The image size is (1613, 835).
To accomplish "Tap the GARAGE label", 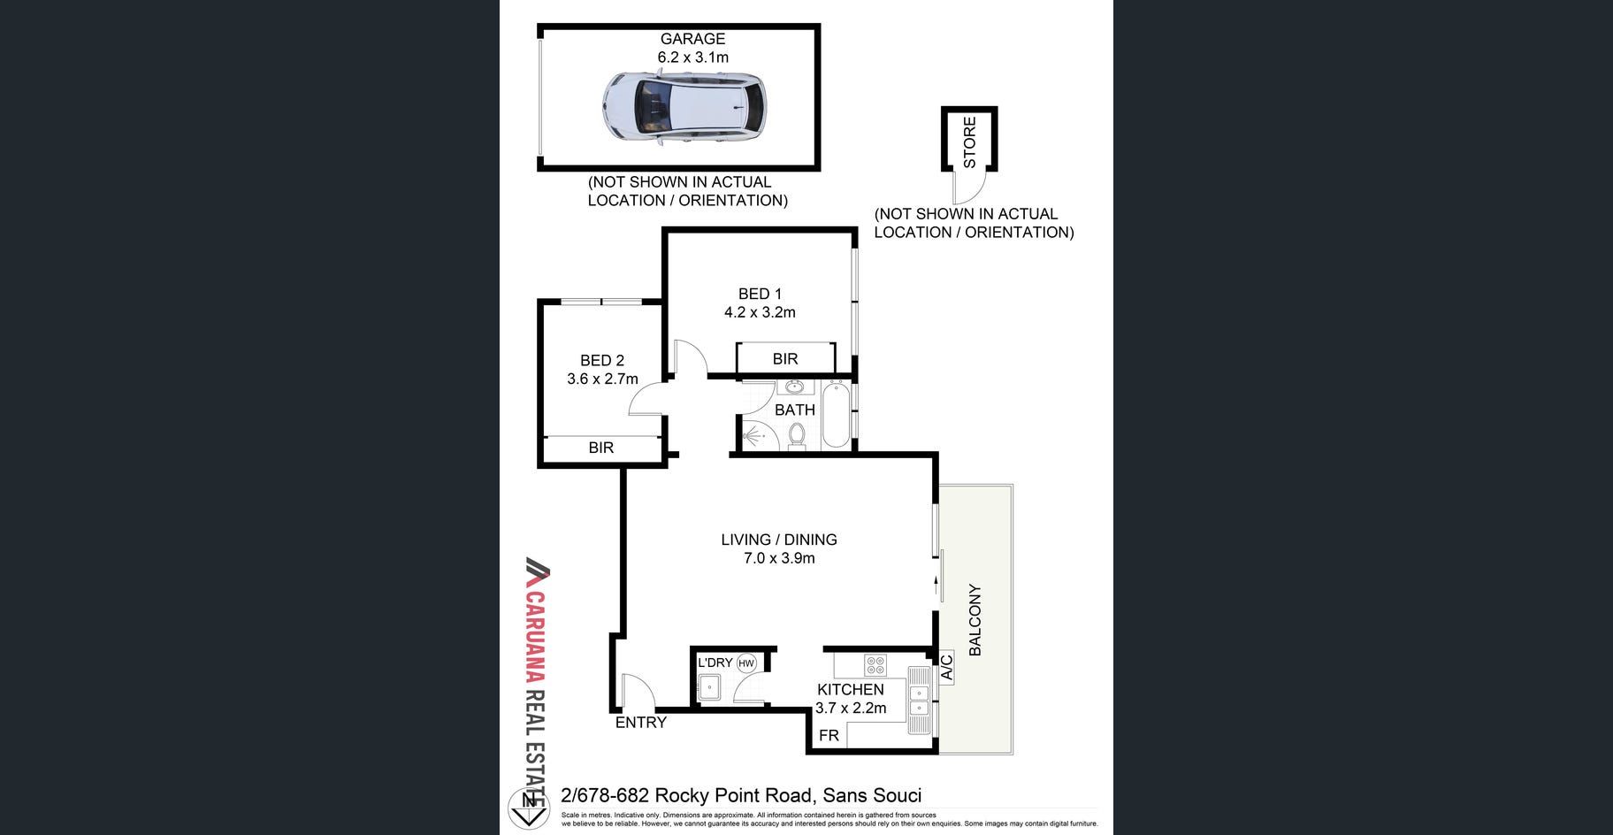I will pyautogui.click(x=692, y=39).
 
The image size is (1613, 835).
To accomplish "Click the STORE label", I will pyautogui.click(x=969, y=142).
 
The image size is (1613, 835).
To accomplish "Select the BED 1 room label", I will pyautogui.click(x=760, y=294).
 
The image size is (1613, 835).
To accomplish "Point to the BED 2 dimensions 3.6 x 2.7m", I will pyautogui.click(x=602, y=379).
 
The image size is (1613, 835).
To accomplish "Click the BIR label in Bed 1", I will pyautogui.click(x=784, y=358).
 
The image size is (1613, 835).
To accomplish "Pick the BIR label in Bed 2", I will pyautogui.click(x=601, y=448).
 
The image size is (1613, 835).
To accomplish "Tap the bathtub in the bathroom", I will pyautogui.click(x=836, y=416).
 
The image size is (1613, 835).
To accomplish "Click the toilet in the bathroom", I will pyautogui.click(x=797, y=435).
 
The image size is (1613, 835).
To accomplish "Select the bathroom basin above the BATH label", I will pyautogui.click(x=793, y=387).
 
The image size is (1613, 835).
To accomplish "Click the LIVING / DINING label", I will pyautogui.click(x=778, y=540).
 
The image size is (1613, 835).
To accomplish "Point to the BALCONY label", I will pyautogui.click(x=975, y=619).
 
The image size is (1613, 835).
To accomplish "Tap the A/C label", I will pyautogui.click(x=946, y=667).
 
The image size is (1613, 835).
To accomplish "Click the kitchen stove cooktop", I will pyautogui.click(x=875, y=664).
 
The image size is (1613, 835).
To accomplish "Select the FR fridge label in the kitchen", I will pyautogui.click(x=829, y=735).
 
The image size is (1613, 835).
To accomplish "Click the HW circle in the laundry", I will pyautogui.click(x=746, y=663).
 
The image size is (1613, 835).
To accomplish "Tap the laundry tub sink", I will pyautogui.click(x=709, y=686).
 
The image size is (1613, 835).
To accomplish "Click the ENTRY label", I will pyautogui.click(x=640, y=723).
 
